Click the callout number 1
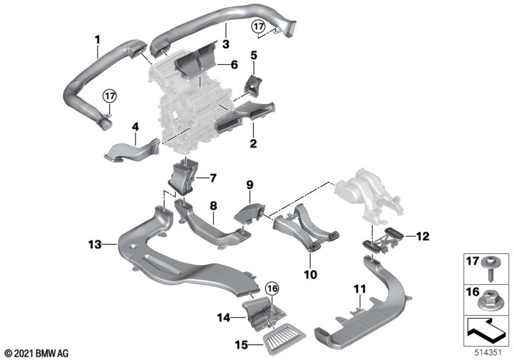98,40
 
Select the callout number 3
226,44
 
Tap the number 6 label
234,64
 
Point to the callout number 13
94,244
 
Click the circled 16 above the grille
272,289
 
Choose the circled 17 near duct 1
110,96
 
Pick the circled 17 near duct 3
259,26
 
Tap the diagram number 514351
488,353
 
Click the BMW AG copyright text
37,353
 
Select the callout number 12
423,236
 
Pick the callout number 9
250,185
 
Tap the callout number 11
359,289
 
